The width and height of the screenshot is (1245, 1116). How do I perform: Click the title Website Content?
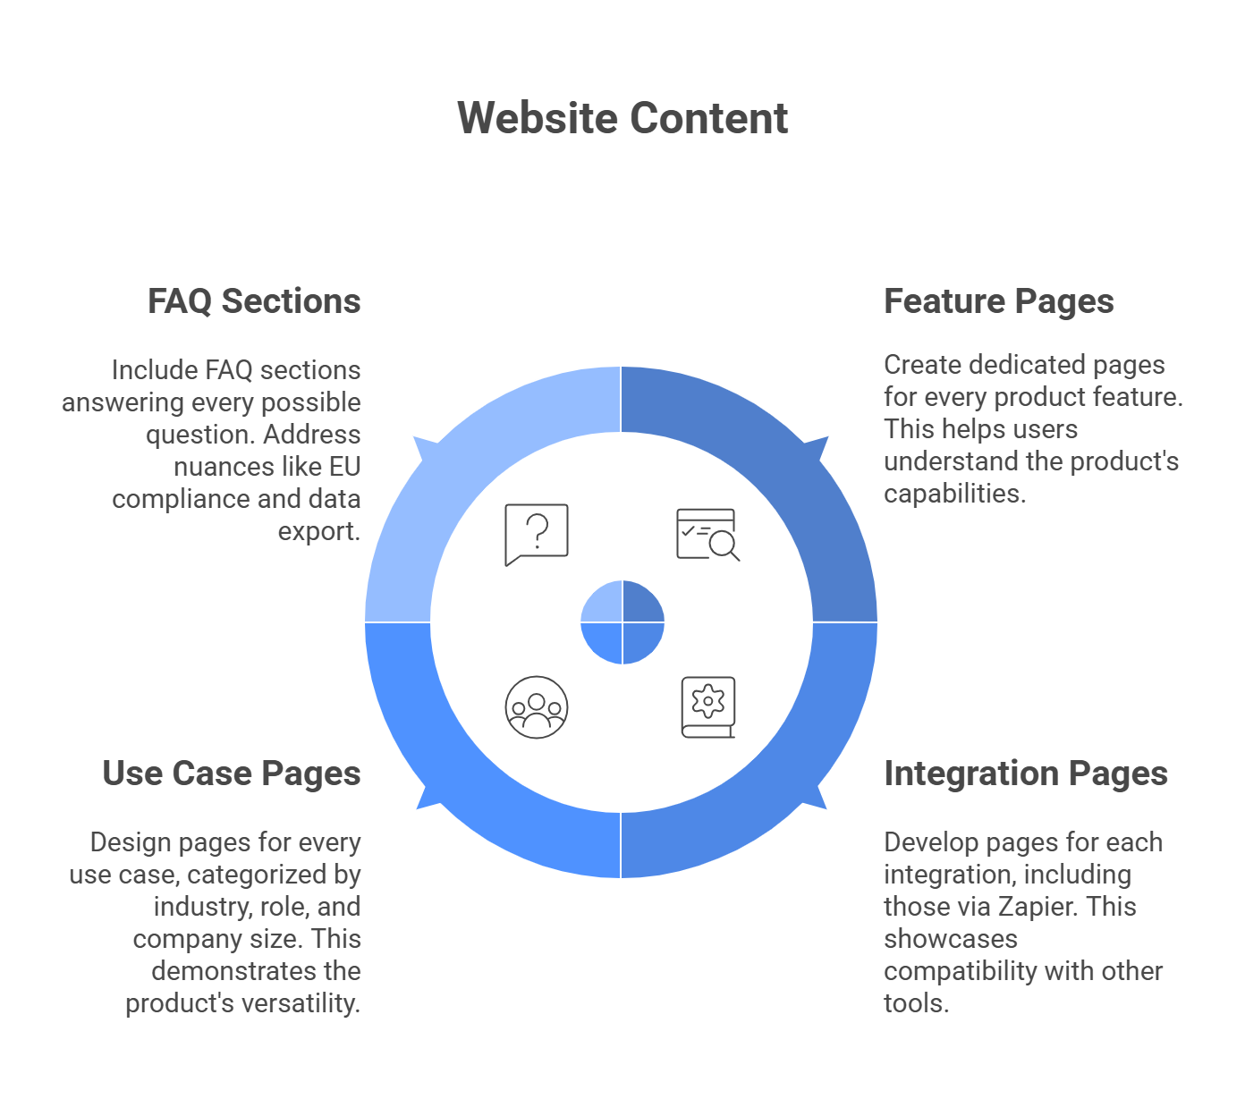pos(622,118)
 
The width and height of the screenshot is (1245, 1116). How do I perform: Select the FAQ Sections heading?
pos(254,301)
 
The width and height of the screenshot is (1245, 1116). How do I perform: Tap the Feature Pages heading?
pos(998,301)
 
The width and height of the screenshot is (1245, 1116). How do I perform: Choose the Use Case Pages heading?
pos(231,774)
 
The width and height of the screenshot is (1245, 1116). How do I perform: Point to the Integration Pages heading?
pos(1025,774)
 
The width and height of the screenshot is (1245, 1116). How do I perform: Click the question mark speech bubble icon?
pos(537,534)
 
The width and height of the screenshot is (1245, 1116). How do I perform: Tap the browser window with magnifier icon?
pos(707,534)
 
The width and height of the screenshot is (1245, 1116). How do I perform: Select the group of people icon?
pos(537,706)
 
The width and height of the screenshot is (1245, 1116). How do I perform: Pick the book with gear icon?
pos(708,706)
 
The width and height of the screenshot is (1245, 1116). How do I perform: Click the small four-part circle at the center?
pos(622,621)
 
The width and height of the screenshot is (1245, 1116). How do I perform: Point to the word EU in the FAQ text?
pos(344,467)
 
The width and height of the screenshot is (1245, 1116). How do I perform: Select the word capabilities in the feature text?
pos(953,494)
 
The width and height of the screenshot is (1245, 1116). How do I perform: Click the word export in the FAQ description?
pos(318,531)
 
